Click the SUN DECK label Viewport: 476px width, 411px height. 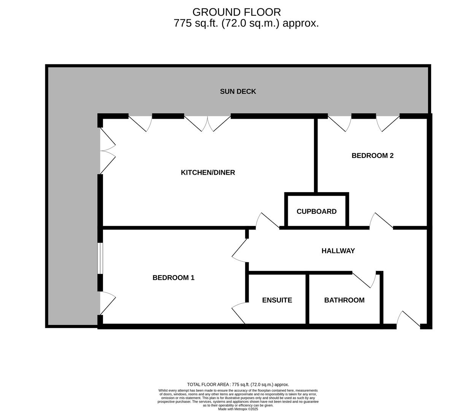pos(238,91)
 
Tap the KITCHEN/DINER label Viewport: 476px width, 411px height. pos(208,172)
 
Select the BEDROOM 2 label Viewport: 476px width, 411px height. pos(372,156)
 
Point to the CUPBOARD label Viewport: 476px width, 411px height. pos(316,211)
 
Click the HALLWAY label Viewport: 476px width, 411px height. pos(338,250)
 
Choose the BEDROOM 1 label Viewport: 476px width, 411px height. pos(173,277)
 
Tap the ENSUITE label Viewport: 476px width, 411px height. pos(277,300)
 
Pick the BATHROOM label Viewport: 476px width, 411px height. pos(344,300)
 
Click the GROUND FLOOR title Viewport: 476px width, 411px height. pos(236,12)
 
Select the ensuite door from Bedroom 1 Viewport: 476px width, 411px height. pos(239,313)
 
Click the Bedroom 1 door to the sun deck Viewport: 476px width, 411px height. pos(108,303)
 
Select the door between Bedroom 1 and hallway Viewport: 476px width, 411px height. pos(239,250)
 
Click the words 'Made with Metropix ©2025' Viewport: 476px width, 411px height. pos(238,409)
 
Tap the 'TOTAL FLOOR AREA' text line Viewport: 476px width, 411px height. pos(238,384)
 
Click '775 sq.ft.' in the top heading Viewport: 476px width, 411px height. pos(196,23)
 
